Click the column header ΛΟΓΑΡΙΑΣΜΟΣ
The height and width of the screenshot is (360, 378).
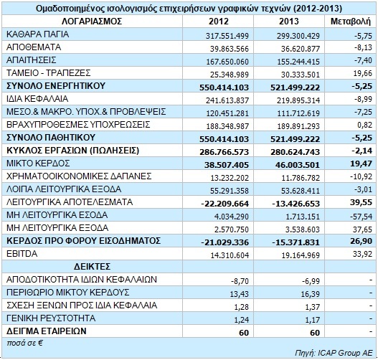92,22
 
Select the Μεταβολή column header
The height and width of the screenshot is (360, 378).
350,22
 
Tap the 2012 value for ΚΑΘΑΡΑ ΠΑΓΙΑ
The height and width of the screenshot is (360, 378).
227,36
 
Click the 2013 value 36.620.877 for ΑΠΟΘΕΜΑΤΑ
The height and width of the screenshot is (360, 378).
301,49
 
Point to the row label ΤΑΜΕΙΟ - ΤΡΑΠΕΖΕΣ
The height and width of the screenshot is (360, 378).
49,72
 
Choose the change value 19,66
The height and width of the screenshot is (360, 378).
363,73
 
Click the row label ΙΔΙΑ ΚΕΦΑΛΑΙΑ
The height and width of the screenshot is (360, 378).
37,99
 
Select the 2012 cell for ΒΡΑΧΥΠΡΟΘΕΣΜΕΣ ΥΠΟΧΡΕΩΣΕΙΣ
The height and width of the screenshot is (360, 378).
227,126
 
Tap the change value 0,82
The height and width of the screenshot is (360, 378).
365,125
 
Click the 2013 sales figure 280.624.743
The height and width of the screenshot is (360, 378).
295,152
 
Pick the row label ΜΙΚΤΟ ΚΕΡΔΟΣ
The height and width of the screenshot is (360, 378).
38,164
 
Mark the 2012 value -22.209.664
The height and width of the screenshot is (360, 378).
225,204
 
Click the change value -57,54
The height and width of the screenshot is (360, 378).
361,217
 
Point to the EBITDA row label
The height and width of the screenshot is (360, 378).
22,254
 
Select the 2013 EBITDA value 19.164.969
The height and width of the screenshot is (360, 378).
301,255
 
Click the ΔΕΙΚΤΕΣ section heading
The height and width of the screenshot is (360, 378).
92,267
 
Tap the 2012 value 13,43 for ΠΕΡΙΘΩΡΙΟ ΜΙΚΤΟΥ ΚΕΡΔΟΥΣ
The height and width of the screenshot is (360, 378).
240,294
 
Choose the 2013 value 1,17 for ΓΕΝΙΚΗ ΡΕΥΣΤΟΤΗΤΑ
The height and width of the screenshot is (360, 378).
313,320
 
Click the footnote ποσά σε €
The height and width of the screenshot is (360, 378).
24,343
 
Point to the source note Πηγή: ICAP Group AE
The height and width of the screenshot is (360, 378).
334,353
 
